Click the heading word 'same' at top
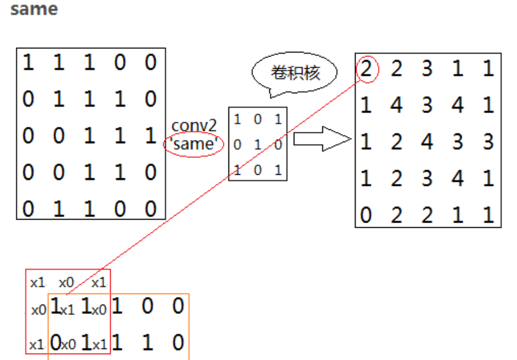pos(34,10)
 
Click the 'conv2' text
pos(194,125)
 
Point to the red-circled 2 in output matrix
pos(366,69)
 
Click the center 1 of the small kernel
pos(258,143)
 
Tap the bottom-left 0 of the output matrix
pos(366,216)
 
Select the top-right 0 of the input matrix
pos(150,62)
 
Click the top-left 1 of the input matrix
pos(28,62)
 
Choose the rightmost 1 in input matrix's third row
pos(150,136)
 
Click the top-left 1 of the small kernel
pos(237,120)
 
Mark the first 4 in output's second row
pos(396,106)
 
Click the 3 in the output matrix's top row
pos(427,69)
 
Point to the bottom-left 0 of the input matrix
pos(28,209)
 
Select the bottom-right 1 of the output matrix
pos(488,216)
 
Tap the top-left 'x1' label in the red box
pos(38,283)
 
